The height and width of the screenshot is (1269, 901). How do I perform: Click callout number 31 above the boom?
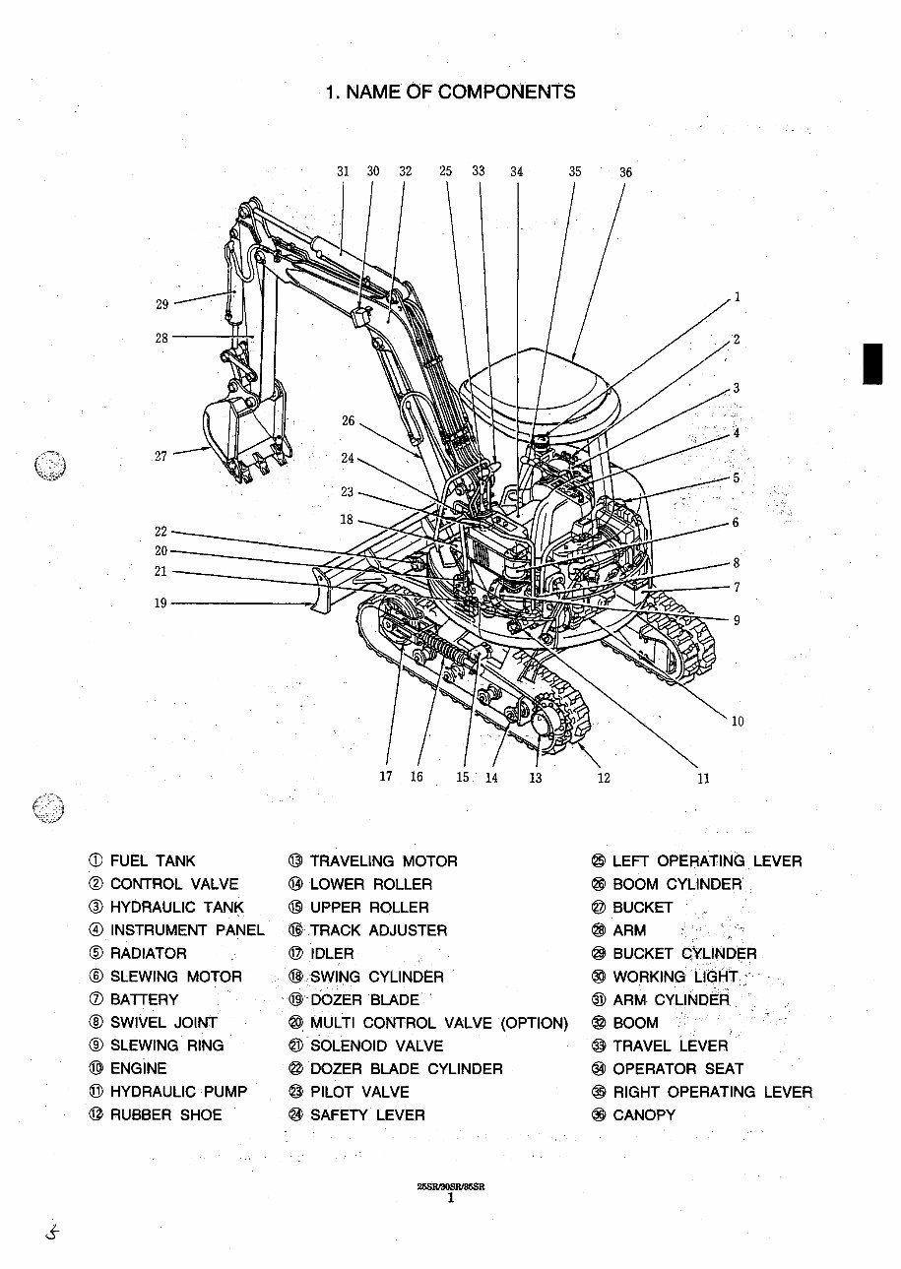click(343, 171)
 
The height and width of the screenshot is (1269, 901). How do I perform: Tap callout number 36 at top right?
click(625, 172)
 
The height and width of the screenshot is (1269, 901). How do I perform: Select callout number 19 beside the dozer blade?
click(161, 603)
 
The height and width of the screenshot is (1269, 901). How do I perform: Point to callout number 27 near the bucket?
click(161, 456)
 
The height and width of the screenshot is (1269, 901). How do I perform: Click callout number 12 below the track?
click(604, 778)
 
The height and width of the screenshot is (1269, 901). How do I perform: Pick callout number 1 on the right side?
click(737, 296)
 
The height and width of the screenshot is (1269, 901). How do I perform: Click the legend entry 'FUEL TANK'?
click(153, 861)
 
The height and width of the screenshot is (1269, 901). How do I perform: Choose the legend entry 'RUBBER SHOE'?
click(165, 1114)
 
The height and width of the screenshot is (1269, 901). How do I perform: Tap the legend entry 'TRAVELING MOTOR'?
click(383, 861)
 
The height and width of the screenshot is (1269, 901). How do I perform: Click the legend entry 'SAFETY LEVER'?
click(367, 1114)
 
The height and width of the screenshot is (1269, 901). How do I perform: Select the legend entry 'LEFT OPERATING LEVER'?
click(706, 861)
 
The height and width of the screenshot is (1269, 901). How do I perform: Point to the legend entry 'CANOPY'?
click(644, 1114)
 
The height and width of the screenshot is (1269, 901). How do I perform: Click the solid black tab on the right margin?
click(871, 363)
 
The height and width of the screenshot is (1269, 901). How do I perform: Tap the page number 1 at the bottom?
click(451, 1198)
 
